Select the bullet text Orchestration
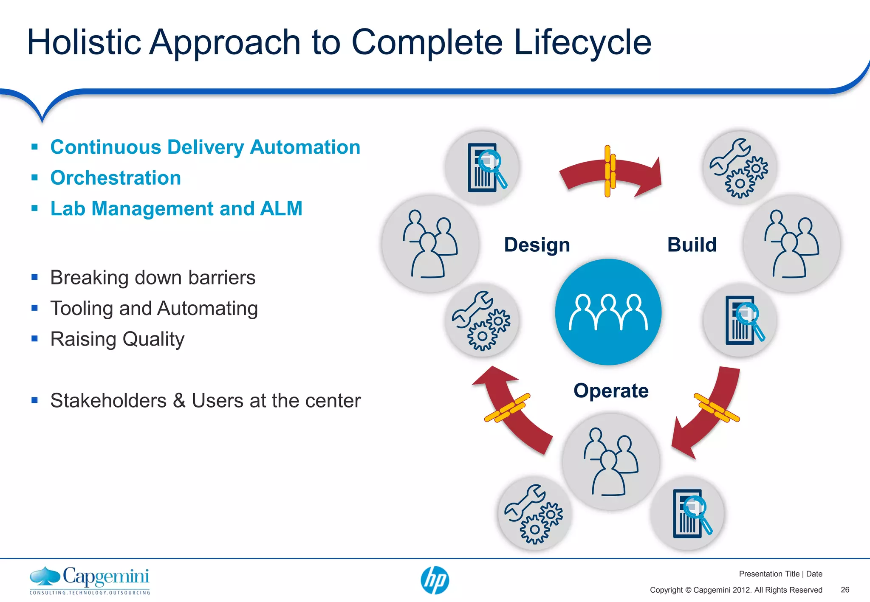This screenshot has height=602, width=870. [116, 178]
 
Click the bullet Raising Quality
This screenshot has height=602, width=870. [117, 339]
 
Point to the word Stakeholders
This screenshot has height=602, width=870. [108, 400]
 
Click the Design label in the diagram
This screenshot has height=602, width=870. [537, 245]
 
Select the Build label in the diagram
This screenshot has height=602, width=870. [692, 245]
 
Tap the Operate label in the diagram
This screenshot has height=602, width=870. [611, 391]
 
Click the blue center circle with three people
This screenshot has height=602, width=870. [608, 312]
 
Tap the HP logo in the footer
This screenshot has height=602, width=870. [435, 580]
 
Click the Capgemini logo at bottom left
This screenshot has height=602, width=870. [90, 580]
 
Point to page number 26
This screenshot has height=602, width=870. [845, 590]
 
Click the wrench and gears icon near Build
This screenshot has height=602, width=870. [740, 168]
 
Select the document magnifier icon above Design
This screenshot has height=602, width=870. [482, 168]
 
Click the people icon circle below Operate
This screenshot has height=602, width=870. [610, 462]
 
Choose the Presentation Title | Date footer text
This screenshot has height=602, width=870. [780, 574]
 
